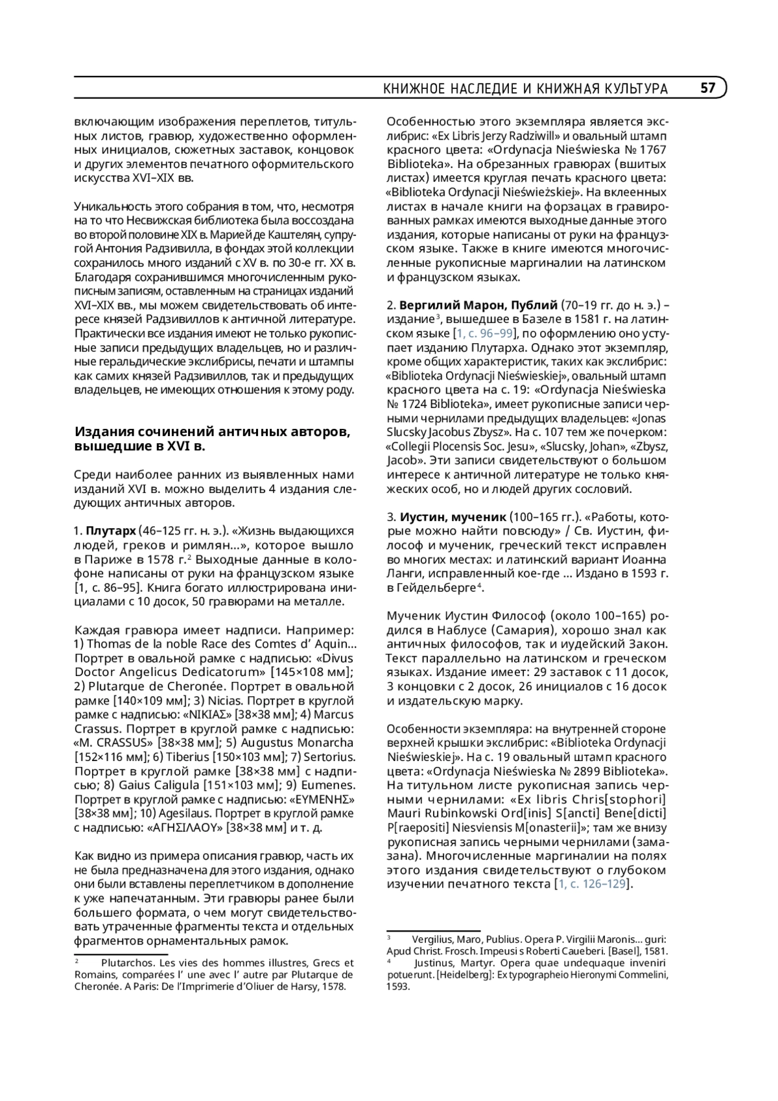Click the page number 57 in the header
pyautogui.click(x=707, y=88)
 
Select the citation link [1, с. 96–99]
pyautogui.click(x=484, y=333)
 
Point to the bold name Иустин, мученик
pyautogui.click(x=453, y=517)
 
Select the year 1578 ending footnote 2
pyautogui.click(x=335, y=987)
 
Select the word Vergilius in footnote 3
pyautogui.click(x=434, y=939)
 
